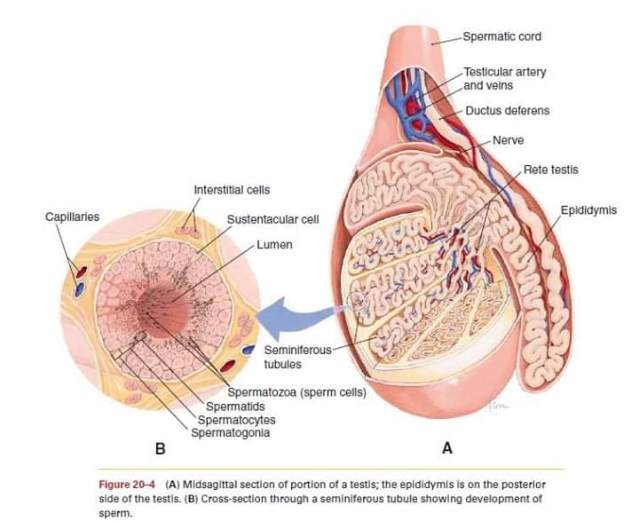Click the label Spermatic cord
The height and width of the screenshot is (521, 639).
click(502, 36)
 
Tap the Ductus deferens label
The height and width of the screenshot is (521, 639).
click(508, 110)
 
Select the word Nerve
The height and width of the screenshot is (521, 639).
click(509, 140)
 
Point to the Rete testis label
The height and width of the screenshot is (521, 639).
click(550, 170)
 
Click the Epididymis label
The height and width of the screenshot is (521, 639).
click(588, 210)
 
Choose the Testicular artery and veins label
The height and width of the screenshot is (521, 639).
click(505, 79)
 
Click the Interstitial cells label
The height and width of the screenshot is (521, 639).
click(232, 190)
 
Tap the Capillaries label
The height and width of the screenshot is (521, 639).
click(72, 217)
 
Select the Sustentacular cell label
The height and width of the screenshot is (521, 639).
click(272, 219)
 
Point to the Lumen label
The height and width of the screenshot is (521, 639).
click(274, 245)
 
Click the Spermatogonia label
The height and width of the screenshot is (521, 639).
click(230, 432)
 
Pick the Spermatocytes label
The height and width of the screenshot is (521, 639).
click(236, 420)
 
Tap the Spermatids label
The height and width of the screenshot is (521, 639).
click(235, 407)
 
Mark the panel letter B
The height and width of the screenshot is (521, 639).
click(160, 449)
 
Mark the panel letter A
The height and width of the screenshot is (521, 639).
click(447, 448)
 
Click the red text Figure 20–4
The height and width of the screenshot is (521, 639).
click(127, 485)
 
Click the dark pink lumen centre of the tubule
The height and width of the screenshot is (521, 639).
click(163, 311)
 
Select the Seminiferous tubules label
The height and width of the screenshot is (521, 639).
click(297, 357)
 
